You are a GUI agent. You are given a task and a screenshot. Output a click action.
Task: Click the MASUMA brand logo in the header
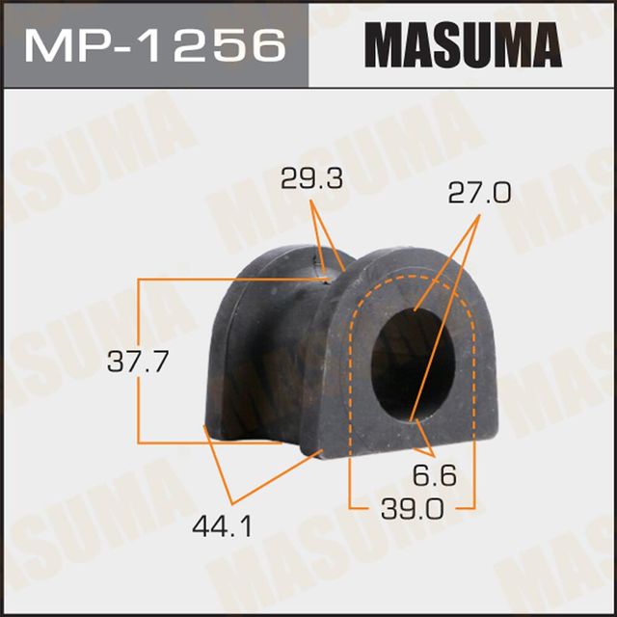tap(462, 44)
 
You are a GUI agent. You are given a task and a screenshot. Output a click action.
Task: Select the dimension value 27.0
tap(479, 195)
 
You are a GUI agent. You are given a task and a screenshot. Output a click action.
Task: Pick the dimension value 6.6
tap(435, 475)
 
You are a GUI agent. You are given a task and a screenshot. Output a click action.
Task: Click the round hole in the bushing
tap(413, 362)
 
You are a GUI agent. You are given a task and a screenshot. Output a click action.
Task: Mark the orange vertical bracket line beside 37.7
tap(140, 318)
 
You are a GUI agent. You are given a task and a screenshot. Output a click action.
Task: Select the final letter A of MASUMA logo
tap(540, 44)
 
